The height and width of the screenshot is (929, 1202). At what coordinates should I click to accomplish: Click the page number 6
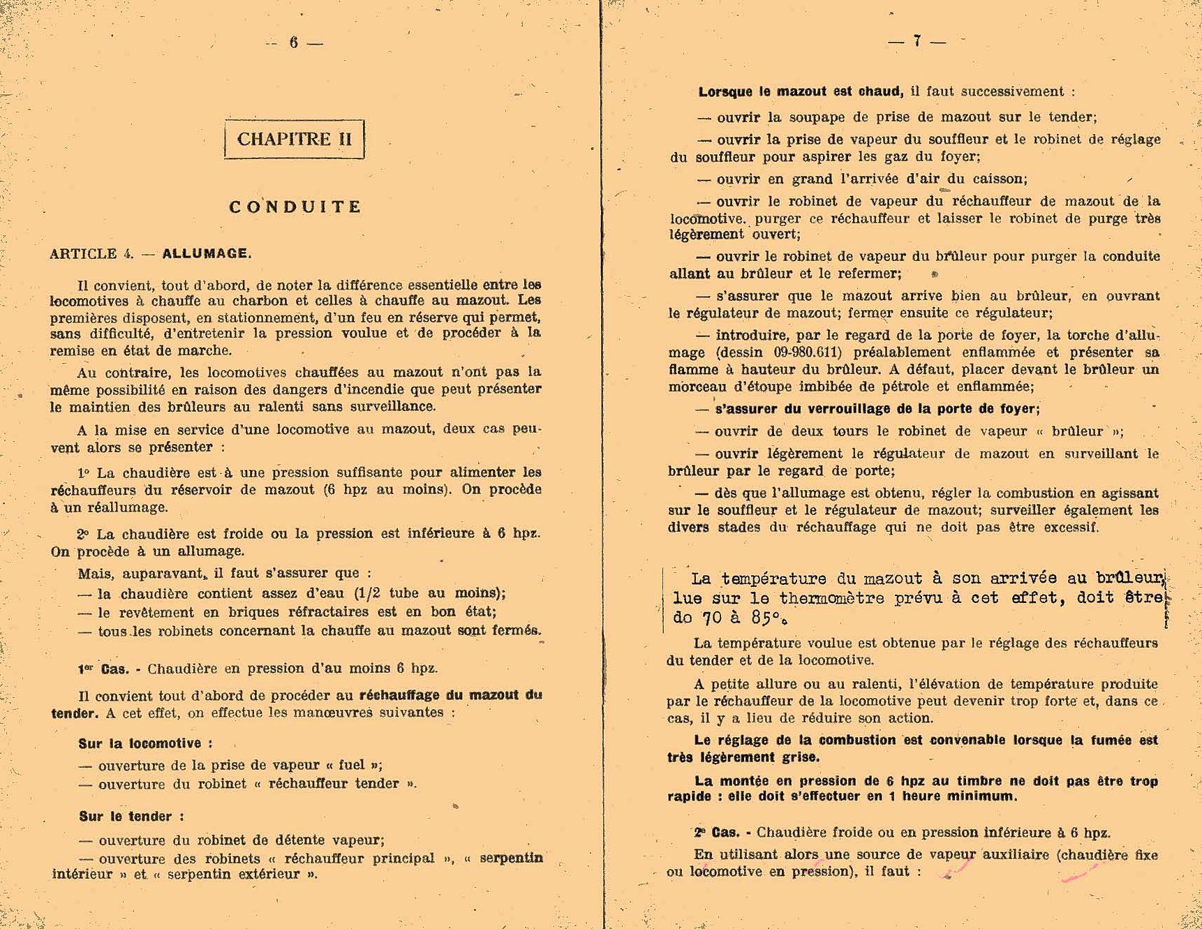pyautogui.click(x=294, y=43)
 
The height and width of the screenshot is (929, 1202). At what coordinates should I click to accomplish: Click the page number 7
pyautogui.click(x=917, y=41)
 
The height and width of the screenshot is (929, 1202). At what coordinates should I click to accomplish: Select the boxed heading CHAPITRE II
pyautogui.click(x=294, y=139)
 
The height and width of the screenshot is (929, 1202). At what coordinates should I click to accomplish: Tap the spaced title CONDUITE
pyautogui.click(x=295, y=207)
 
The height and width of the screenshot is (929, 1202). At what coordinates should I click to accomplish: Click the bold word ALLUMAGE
pyautogui.click(x=206, y=253)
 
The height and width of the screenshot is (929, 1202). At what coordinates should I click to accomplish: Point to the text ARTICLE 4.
pyautogui.click(x=91, y=254)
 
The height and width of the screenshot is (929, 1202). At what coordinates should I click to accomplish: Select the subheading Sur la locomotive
pyautogui.click(x=145, y=743)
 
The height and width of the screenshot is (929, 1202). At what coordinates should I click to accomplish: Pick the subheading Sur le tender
pyautogui.click(x=131, y=816)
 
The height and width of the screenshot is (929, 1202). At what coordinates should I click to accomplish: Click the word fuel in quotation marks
pyautogui.click(x=353, y=765)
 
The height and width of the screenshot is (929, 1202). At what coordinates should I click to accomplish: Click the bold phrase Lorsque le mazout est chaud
pyautogui.click(x=801, y=91)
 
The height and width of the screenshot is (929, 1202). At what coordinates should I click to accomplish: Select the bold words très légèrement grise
pyautogui.click(x=743, y=757)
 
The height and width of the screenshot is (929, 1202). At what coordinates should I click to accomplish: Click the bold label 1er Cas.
pyautogui.click(x=103, y=669)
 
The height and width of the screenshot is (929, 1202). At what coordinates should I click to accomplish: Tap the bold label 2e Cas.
pyautogui.click(x=717, y=832)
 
